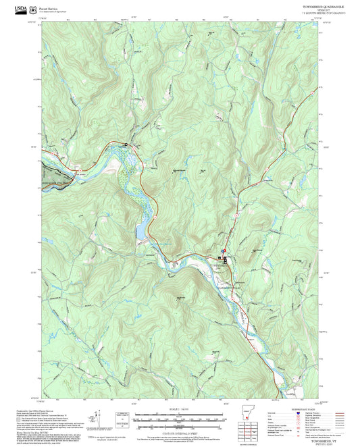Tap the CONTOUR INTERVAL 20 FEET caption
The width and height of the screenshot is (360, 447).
coord(179,432)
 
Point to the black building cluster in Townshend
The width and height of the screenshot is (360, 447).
coord(226,259)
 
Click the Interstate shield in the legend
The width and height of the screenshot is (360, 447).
coord(299,415)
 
